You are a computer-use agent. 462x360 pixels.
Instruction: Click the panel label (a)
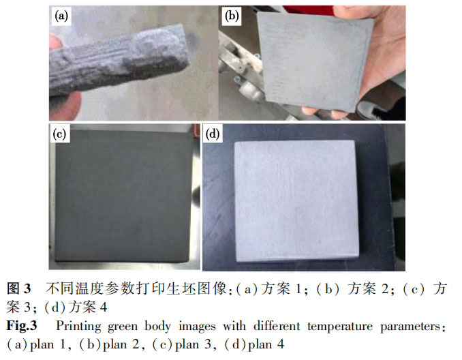[x=61, y=16]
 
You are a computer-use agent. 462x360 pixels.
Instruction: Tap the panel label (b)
[x=232, y=16]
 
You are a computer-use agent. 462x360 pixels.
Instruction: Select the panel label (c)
[x=59, y=134]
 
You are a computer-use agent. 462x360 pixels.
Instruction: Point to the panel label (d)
[x=213, y=134]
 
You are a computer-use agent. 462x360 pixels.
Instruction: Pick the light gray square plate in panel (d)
[x=296, y=200]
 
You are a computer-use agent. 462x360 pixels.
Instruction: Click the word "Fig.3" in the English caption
[x=22, y=326]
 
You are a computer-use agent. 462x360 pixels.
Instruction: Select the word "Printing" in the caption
[x=78, y=327]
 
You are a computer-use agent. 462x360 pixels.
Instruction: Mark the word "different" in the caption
[x=277, y=326]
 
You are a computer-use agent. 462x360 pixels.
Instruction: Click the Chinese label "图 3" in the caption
[x=19, y=288]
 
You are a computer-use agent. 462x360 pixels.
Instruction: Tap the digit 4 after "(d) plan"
[x=281, y=344]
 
